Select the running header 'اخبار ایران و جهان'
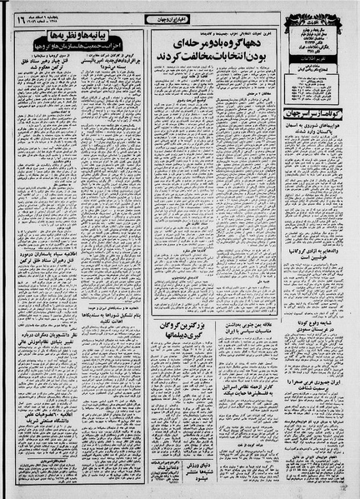tap(180, 12)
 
